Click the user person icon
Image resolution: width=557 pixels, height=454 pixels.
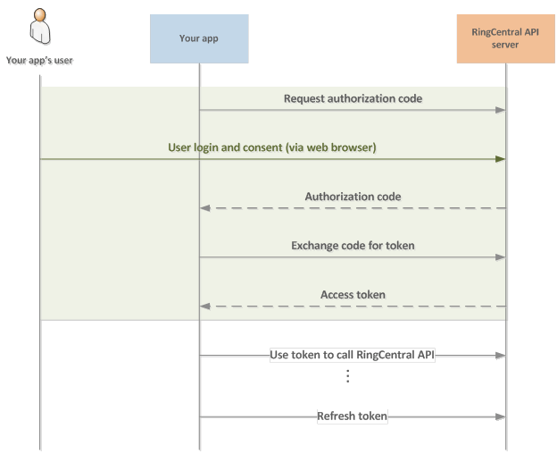coord(40,29)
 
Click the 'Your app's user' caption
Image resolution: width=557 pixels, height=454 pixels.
coord(41,62)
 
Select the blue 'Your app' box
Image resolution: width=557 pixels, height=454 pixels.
coord(198,38)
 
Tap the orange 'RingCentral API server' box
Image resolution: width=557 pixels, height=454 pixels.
coord(506,38)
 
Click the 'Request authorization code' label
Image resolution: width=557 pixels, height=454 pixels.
coord(353,98)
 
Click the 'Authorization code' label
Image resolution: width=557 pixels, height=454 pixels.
coord(353,196)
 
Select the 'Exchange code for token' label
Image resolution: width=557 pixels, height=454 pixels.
coord(353,245)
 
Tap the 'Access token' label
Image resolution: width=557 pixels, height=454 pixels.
coord(353,293)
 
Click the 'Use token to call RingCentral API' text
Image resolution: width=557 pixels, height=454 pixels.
coord(353,355)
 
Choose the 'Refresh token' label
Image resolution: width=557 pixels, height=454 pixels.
coord(353,416)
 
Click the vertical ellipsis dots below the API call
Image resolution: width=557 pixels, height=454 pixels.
coord(347,376)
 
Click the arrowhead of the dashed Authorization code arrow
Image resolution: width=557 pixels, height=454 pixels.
coord(205,207)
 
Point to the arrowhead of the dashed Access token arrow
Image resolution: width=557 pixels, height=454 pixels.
coord(205,306)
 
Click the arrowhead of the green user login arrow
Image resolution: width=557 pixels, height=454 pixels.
coord(500,159)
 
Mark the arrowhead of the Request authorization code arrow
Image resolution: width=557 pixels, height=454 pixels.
coord(501,110)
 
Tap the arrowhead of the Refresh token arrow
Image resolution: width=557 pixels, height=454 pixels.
coord(501,416)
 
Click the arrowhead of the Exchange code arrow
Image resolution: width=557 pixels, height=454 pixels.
coord(501,256)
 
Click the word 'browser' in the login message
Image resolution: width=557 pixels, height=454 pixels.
coord(352,147)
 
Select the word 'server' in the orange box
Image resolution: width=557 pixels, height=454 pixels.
coord(506,45)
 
